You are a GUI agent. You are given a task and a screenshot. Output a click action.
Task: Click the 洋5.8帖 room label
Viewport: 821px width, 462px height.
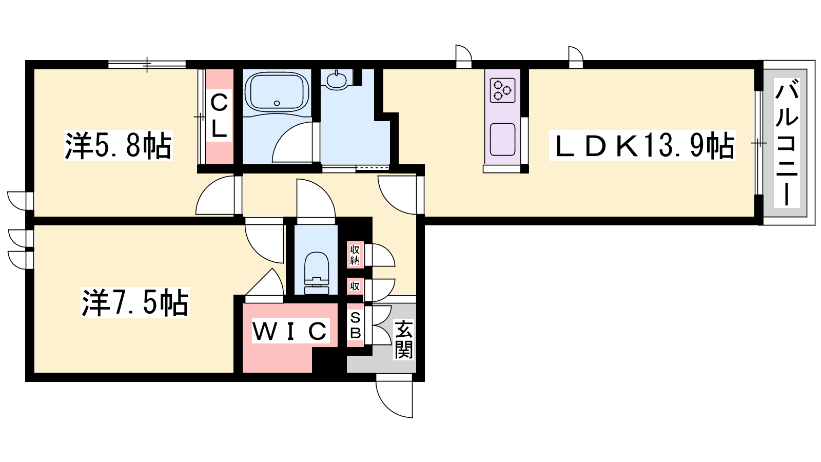pos(118,145)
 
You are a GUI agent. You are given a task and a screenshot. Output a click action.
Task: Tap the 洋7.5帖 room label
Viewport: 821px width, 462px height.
pos(135,302)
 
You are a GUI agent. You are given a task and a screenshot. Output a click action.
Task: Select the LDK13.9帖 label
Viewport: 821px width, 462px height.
pos(642,145)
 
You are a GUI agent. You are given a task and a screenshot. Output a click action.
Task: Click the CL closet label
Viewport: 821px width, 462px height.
pos(219,115)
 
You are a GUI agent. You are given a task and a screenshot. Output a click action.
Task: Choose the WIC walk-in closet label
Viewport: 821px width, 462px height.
pos(289,331)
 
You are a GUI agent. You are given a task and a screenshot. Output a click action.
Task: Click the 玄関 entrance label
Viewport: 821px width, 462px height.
pos(403,339)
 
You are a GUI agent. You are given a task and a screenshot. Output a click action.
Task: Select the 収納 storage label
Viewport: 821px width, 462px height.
pos(355,255)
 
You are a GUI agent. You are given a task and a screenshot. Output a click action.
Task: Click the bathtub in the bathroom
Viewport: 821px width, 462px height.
pos(277,92)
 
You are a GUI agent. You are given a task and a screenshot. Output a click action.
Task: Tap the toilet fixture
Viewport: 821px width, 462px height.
pos(317,273)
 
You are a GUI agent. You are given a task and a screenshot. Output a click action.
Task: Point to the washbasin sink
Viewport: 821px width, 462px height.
pos(337,81)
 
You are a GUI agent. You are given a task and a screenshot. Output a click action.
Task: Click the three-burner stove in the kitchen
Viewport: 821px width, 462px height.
pos(502,90)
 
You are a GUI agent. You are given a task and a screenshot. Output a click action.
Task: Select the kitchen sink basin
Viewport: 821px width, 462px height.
pos(502,139)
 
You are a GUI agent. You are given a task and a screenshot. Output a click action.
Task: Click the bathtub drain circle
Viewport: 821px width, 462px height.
pos(277,103)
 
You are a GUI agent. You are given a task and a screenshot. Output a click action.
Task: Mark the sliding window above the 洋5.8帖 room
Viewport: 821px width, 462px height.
pos(147,65)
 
